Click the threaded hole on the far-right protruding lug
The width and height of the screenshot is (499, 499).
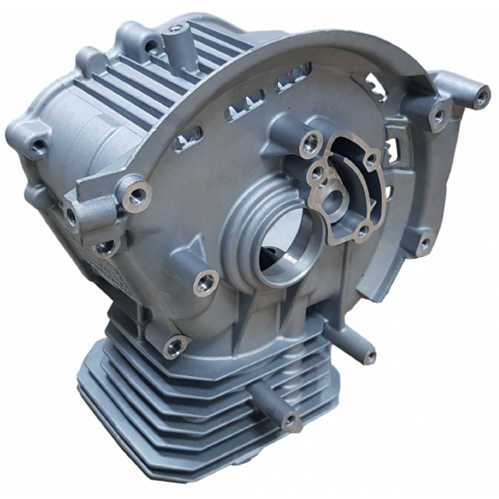[x=481, y=98]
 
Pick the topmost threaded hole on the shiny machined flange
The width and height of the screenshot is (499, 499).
[x=369, y=158]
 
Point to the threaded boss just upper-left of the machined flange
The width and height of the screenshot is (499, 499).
[x=309, y=140]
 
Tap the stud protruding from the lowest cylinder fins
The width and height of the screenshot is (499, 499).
[x=289, y=419]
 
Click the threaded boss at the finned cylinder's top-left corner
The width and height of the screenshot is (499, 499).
[x=174, y=346]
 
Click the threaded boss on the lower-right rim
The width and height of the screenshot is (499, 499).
[x=424, y=244]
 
